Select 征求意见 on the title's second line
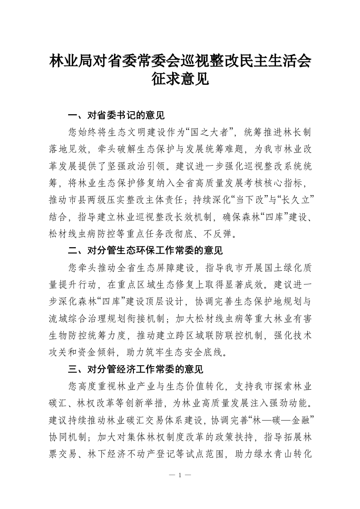click(x=180, y=80)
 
